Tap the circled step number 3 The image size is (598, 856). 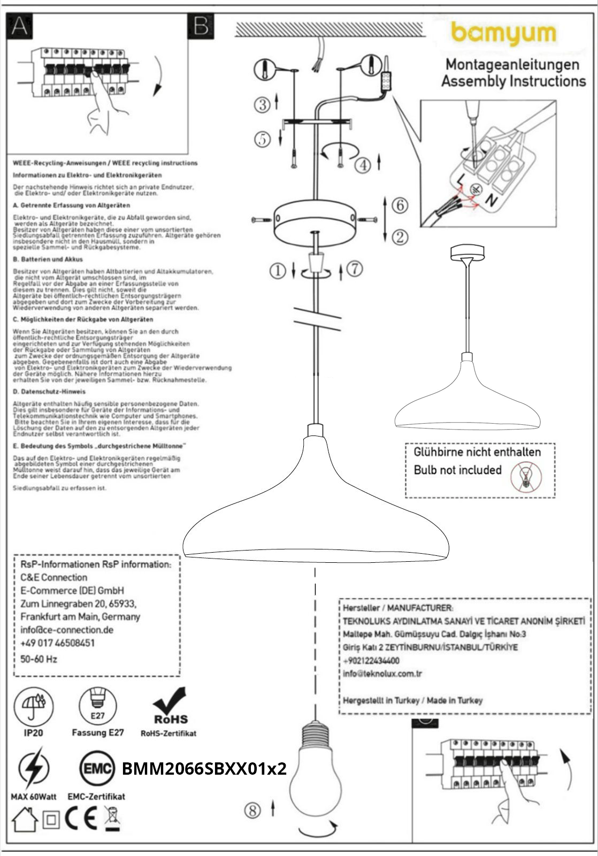point(263,104)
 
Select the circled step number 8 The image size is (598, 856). point(252,811)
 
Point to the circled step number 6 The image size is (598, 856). point(400,205)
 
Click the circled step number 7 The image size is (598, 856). point(355,269)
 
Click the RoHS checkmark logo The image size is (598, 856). point(170,706)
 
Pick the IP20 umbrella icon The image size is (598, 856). point(34,706)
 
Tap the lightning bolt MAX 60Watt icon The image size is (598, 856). point(34,769)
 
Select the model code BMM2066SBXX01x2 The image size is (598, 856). point(204,769)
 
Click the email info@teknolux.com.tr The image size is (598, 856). point(382,674)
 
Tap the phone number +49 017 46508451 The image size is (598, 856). point(57,643)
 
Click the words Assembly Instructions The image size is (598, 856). point(513,81)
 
